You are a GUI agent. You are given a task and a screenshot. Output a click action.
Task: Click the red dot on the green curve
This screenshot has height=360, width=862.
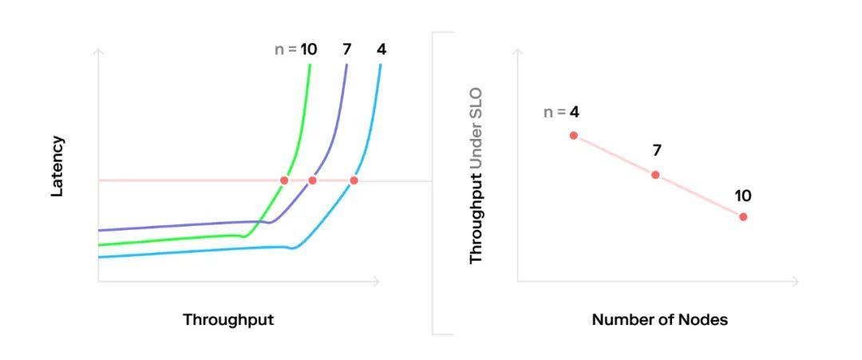[284, 180]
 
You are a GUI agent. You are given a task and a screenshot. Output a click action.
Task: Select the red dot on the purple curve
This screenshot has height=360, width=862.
[312, 180]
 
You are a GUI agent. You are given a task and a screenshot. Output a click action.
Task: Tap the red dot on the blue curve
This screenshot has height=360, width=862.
[354, 180]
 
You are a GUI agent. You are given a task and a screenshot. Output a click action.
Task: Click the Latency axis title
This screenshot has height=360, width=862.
[57, 166]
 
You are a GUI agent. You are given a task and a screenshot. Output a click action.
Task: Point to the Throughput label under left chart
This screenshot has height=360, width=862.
[228, 319]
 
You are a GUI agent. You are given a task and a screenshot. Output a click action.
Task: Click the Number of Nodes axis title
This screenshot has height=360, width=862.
[659, 319]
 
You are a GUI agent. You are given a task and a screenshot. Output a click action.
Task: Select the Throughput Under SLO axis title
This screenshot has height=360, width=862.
[476, 176]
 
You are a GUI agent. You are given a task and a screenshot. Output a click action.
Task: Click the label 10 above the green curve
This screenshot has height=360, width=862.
[308, 49]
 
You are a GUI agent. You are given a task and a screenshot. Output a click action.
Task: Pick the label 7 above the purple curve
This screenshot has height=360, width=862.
[346, 49]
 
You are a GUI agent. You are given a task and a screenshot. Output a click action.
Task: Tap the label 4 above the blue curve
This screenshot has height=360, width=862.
[382, 49]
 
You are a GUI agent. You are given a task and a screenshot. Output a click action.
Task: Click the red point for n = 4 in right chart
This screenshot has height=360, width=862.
[573, 135]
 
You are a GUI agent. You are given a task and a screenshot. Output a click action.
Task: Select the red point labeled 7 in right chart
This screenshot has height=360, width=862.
[655, 175]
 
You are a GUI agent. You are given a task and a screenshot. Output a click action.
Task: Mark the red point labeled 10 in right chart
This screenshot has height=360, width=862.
[743, 216]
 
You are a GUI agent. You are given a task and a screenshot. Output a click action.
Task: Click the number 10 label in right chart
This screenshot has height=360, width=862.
[743, 196]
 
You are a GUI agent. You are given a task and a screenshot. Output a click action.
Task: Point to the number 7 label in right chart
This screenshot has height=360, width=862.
[656, 150]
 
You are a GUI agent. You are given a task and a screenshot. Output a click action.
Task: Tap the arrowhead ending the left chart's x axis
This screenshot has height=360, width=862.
[378, 281]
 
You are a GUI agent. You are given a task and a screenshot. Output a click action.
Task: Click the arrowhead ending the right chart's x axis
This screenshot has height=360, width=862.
[796, 281]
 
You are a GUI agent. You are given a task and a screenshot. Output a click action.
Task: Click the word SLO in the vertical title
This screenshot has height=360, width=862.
[476, 104]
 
